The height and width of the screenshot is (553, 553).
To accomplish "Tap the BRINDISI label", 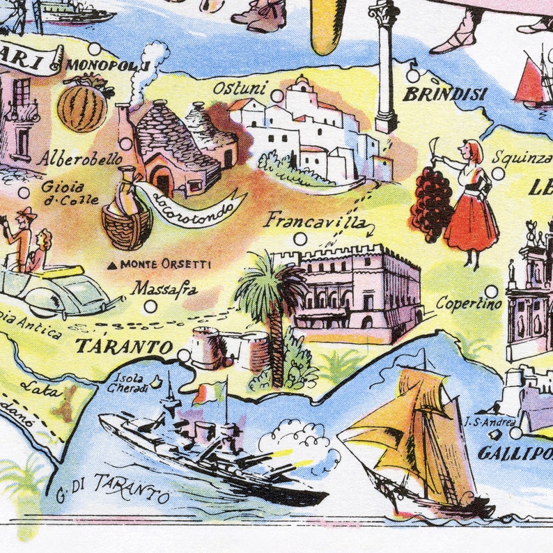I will pos(444,93).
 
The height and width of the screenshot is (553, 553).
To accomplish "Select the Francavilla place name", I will pos(316,221).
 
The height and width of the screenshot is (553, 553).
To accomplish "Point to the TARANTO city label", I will pos(125,346).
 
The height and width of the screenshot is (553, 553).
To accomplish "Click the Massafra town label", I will pos(165,288).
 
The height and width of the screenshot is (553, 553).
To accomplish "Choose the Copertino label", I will pos(469,304).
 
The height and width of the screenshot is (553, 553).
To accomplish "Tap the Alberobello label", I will pos(80,159).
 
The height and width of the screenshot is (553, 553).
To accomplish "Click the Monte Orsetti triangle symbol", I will pos(113,265).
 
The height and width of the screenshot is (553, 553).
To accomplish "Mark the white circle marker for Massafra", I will pos(150,306).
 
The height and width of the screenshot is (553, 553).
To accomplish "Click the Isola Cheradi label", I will pos(130,383).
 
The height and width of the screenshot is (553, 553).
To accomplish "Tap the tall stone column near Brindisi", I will pos(384,66).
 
